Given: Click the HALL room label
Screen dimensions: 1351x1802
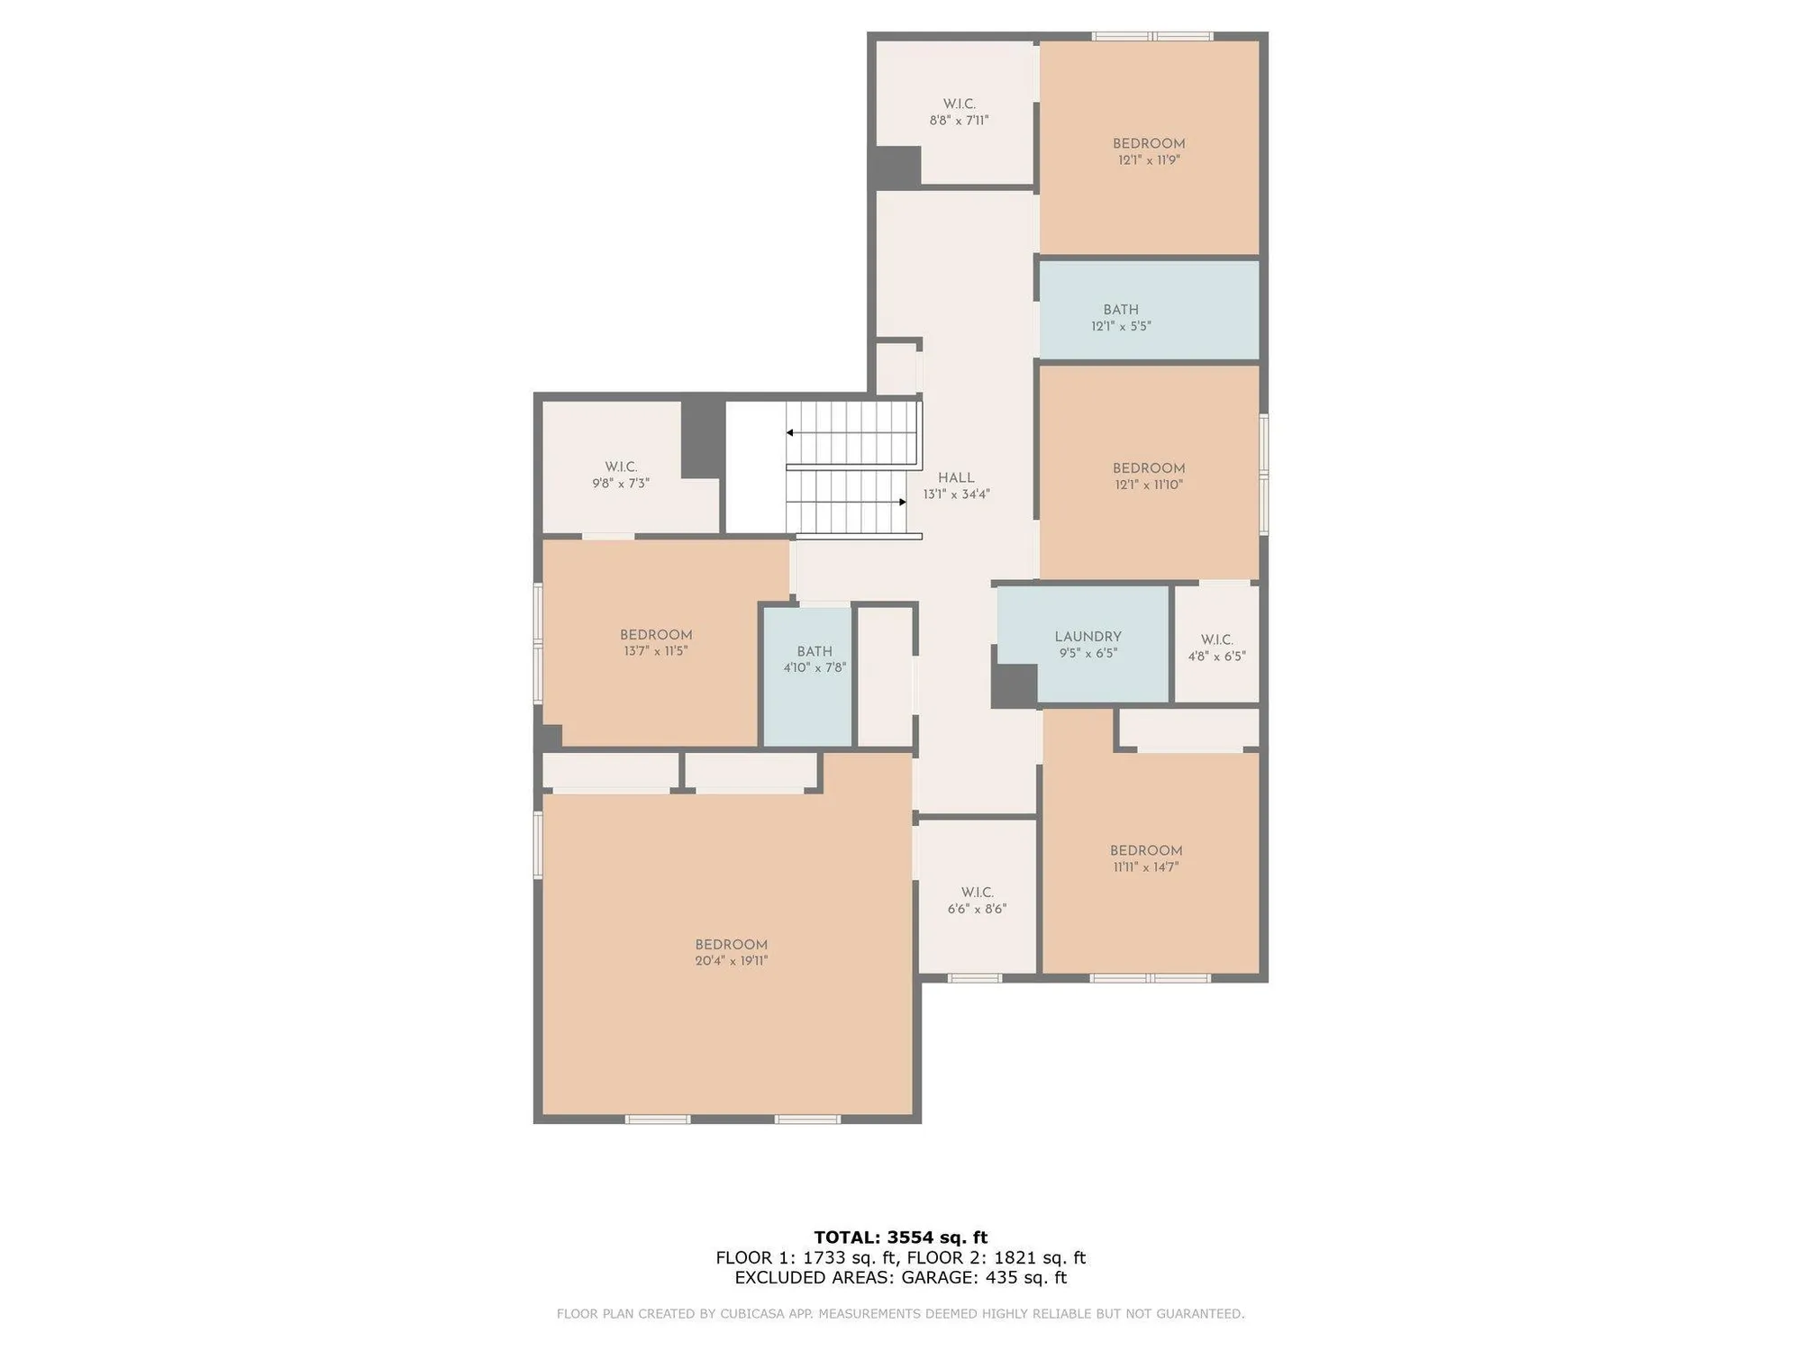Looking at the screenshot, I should point(956,478).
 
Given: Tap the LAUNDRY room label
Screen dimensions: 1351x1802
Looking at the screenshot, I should point(1088,637).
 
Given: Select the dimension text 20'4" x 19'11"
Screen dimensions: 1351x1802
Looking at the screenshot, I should point(731,961).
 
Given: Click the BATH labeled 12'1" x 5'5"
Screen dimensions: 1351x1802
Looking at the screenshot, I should point(1121,318).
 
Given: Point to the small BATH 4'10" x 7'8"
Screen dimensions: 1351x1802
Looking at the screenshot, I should point(815,659).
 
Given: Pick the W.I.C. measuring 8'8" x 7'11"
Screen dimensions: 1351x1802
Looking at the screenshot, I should point(959,112).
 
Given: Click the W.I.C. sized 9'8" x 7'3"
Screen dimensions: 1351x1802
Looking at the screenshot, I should point(621,475).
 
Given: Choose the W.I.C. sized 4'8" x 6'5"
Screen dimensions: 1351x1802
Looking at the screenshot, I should point(1216,648).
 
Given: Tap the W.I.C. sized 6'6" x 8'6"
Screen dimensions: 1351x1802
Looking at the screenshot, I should point(977,901).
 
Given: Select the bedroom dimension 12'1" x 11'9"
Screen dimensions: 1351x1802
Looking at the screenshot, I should point(1149,160).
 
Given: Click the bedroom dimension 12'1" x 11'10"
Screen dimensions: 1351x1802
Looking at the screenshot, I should point(1149,485).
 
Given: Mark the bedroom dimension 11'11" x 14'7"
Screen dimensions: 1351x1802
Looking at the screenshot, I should point(1146,867).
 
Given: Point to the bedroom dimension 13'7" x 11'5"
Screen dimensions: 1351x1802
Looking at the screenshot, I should point(656,651).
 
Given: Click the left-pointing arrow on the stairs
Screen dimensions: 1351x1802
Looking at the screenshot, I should point(790,433).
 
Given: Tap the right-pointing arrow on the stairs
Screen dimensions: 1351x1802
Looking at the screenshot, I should point(902,502).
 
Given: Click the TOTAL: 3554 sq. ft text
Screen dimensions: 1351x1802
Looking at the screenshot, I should point(900,1238).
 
